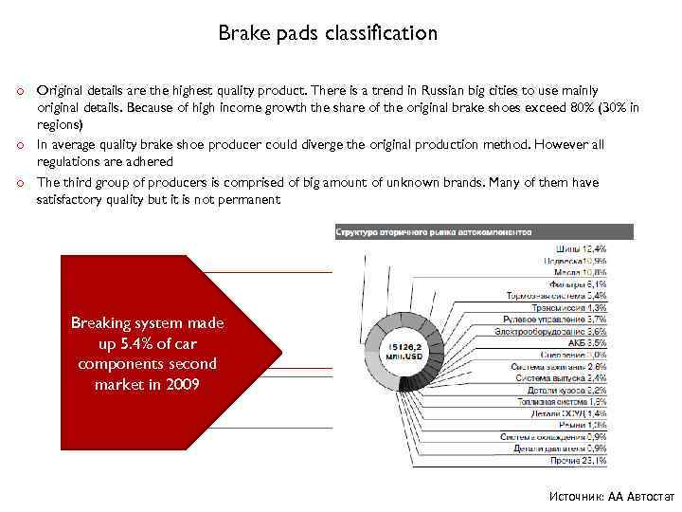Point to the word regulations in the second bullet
[72, 162]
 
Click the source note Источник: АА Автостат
[611, 497]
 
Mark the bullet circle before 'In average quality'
[18, 145]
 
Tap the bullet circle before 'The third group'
[18, 183]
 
